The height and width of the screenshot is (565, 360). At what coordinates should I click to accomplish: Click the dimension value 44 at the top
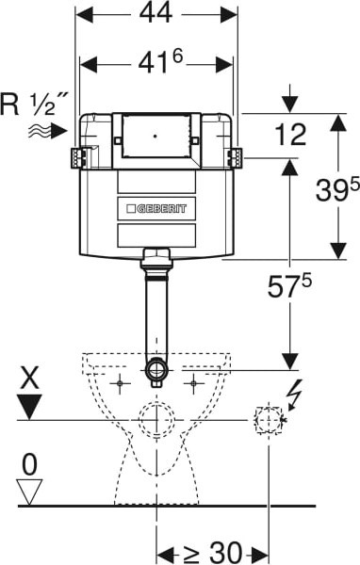click(x=155, y=14)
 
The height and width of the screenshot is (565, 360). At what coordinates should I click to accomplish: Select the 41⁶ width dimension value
click(x=161, y=62)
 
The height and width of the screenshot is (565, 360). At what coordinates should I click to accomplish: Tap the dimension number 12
click(x=290, y=135)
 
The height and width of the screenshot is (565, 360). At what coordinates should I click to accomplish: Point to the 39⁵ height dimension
click(x=337, y=189)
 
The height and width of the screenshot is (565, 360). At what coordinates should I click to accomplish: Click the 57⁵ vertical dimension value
click(x=289, y=285)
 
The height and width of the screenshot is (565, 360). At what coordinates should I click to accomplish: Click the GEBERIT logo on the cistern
click(x=156, y=209)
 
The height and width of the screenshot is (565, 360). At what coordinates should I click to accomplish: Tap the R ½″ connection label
click(x=34, y=105)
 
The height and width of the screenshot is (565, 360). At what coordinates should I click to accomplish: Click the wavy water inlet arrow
click(x=48, y=131)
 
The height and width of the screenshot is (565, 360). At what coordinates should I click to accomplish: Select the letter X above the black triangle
click(x=30, y=378)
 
